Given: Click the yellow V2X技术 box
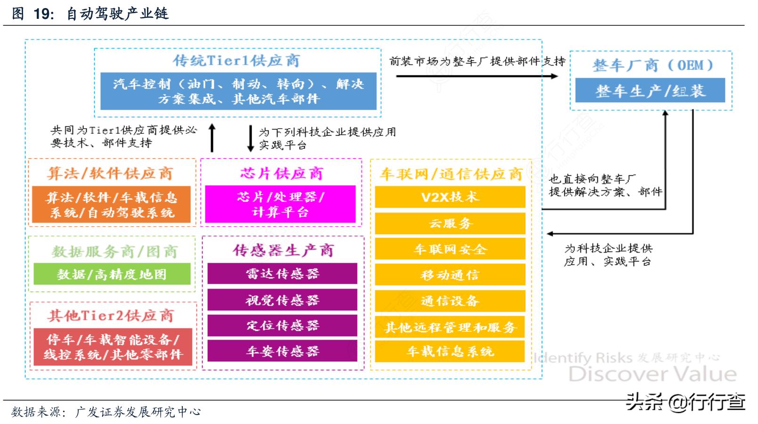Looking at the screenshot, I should pyautogui.click(x=450, y=197).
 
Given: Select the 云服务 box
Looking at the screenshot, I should pyautogui.click(x=450, y=223).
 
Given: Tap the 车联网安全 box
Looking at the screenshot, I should pyautogui.click(x=450, y=249).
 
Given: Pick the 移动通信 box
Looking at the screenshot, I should pyautogui.click(x=450, y=275).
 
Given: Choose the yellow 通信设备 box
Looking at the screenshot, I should pyautogui.click(x=450, y=301).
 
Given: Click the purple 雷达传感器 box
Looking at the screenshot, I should pyautogui.click(x=282, y=274).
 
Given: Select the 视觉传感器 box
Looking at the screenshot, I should pyautogui.click(x=282, y=300).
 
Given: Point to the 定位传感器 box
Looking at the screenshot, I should pyautogui.click(x=282, y=325).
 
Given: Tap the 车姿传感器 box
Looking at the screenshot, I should pyautogui.click(x=282, y=351).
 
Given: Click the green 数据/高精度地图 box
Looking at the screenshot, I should pyautogui.click(x=112, y=274).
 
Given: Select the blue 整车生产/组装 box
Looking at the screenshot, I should pyautogui.click(x=650, y=91).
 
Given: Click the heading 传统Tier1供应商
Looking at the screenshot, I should pyautogui.click(x=236, y=60).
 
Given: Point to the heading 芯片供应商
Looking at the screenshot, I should pyautogui.click(x=281, y=173).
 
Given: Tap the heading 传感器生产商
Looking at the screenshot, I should pyautogui.click(x=283, y=250).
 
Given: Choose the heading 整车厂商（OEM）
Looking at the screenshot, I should pyautogui.click(x=652, y=65).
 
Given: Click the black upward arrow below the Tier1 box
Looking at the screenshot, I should pyautogui.click(x=212, y=138).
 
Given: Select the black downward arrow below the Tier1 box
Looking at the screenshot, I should pyautogui.click(x=251, y=138).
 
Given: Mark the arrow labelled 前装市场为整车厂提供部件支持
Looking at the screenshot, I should pyautogui.click(x=476, y=76).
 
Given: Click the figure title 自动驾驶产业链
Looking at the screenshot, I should pyautogui.click(x=117, y=13).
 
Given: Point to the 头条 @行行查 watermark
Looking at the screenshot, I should pyautogui.click(x=685, y=402).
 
